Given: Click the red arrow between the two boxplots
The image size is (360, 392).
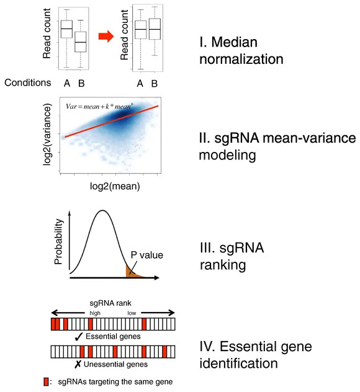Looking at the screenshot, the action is coord(106,37).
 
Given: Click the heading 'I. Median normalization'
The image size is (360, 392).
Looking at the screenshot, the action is coord(241,50).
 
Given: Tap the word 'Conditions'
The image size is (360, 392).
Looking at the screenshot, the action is coord(28,82).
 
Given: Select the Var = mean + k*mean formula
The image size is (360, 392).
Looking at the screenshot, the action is coord(99,107).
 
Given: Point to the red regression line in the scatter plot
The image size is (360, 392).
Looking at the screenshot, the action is coord(112,121).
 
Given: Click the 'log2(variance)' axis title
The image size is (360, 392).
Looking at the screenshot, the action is coord(47,135).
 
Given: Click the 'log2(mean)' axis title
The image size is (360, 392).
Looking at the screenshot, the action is coord(115,186).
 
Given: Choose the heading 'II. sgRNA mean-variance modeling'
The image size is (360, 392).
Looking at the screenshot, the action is coord(277,146).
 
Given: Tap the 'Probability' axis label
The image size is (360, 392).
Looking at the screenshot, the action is coord(58,241).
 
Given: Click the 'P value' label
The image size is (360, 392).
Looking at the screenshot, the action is coord(147,255).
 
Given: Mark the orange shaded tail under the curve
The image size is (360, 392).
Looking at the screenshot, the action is coord(132,273).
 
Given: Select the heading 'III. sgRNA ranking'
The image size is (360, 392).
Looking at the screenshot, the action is coord(232,256).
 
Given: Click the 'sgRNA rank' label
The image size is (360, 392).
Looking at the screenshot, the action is coord(110,303).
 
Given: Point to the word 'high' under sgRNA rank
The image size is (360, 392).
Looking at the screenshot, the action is coord(95,313).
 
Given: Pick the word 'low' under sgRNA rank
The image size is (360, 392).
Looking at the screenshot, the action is coord(132,313).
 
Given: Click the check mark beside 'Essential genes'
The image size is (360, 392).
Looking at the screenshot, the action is coord(79,337).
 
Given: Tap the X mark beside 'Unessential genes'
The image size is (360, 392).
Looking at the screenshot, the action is coord(78,364).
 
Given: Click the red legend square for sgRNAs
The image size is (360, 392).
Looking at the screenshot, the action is coord(46,381).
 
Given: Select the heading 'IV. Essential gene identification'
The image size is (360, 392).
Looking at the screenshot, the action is coord(256,355).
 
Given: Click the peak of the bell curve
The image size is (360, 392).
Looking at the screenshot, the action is coord(102,210).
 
